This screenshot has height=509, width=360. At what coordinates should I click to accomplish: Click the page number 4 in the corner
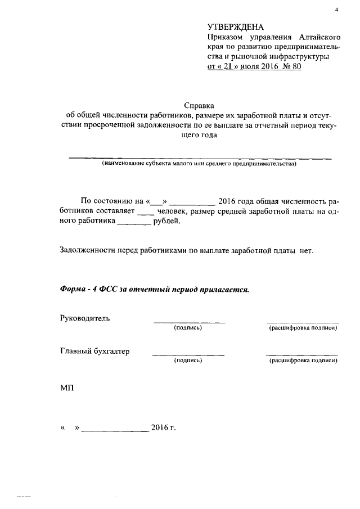coord(336,10)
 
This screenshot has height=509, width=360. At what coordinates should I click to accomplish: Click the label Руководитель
coord(85,318)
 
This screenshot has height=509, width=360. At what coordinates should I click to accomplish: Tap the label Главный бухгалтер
coord(94,352)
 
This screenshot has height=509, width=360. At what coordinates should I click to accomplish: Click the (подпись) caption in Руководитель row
coord(188,327)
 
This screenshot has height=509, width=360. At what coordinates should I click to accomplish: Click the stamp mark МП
coord(66,389)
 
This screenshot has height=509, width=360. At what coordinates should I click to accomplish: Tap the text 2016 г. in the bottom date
coord(164,427)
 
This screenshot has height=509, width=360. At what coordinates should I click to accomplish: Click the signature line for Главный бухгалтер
coord(188,355)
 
